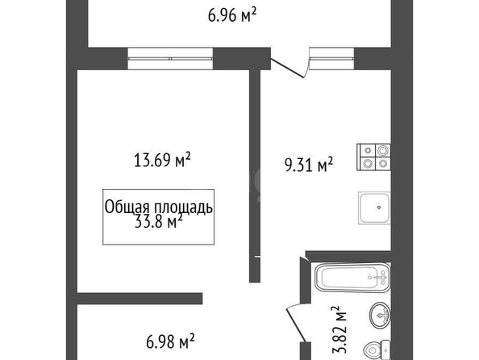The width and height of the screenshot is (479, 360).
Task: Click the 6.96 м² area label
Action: tap(232, 15)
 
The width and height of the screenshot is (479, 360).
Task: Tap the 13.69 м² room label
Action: tap(162, 160)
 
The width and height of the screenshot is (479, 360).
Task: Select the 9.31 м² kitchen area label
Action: tap(309, 165)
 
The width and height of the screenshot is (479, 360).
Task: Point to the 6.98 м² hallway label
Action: tap(170, 341)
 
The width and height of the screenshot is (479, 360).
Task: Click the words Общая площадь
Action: tap(159, 207)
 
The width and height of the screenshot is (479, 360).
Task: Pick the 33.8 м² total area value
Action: tap(159, 221)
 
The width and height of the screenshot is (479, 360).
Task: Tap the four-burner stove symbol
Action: tap(373, 157)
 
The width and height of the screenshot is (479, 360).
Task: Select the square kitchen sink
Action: tap(374, 207)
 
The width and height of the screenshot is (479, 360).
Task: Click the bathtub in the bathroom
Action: tap(353, 277)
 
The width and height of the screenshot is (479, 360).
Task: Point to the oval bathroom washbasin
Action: tap(380, 316)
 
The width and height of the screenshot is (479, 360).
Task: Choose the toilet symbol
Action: tap(377, 350)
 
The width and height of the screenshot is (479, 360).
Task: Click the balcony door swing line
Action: tap(287, 69)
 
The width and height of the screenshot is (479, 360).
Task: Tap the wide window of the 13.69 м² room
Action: tap(170, 58)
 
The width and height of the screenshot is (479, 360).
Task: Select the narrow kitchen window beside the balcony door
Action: tap(331, 58)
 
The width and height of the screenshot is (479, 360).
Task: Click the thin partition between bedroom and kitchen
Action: tap(255, 176)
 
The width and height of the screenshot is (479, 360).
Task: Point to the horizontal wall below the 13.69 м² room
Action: tap(140, 299)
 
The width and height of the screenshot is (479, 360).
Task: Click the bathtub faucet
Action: tap(381, 278)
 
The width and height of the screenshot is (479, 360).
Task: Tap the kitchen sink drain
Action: tap(379, 207)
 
